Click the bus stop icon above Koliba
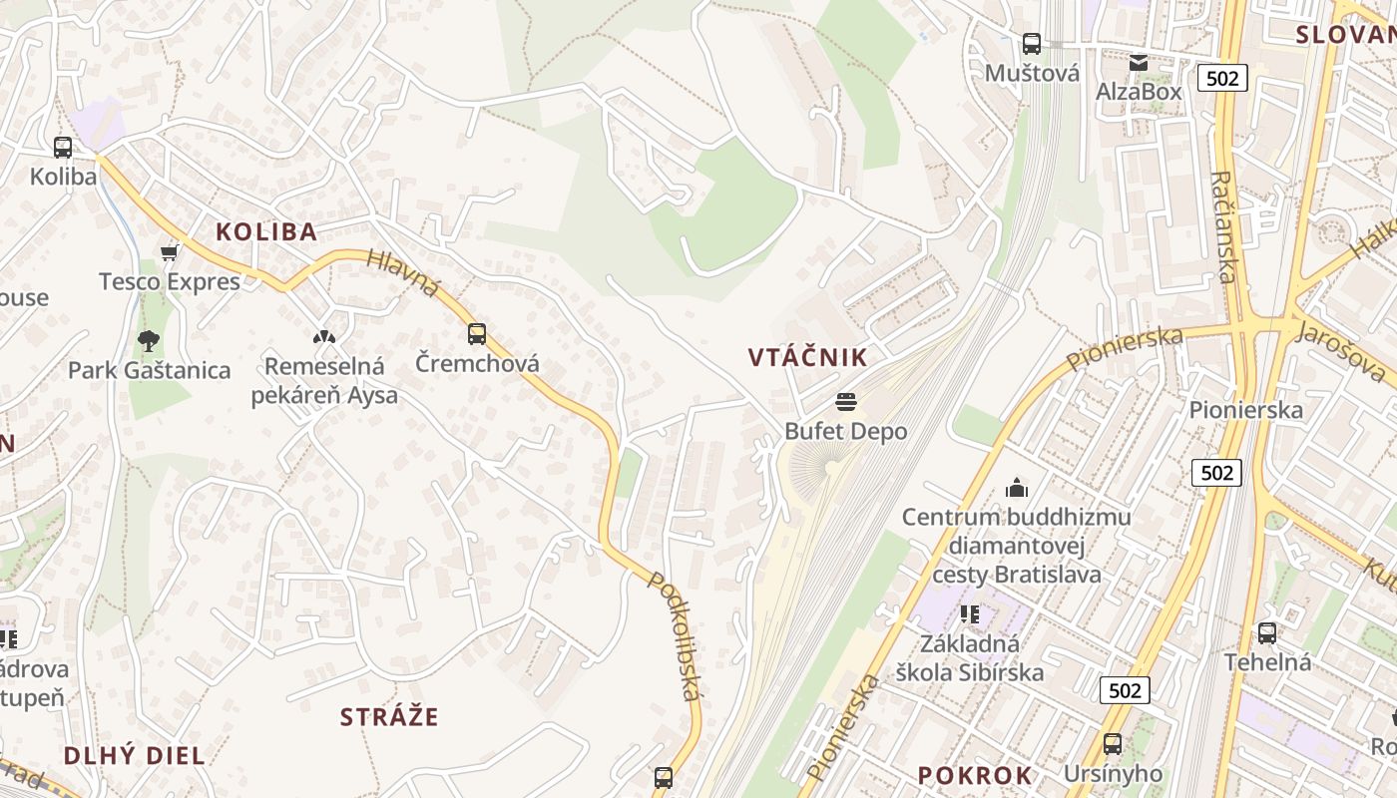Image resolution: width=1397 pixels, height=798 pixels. click(x=63, y=148)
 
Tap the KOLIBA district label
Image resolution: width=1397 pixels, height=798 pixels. click(x=266, y=232)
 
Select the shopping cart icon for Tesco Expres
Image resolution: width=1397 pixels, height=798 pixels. click(x=170, y=253)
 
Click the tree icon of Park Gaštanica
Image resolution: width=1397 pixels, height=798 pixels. click(x=149, y=341)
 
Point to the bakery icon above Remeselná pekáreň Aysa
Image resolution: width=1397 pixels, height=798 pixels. click(x=323, y=337)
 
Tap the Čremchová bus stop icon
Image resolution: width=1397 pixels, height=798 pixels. click(x=477, y=334)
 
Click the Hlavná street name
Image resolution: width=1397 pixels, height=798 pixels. click(x=403, y=272)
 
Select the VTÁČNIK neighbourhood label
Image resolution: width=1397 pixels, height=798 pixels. click(x=808, y=357)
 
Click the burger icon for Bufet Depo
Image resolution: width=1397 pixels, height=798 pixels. click(x=846, y=402)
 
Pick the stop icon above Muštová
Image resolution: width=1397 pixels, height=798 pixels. click(x=1032, y=44)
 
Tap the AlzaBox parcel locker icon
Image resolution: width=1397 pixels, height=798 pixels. click(x=1139, y=63)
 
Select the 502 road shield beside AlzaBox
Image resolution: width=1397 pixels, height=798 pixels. click(x=1222, y=78)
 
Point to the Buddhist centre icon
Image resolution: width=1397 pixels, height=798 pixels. click(x=1017, y=488)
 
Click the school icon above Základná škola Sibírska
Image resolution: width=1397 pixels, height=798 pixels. click(x=969, y=614)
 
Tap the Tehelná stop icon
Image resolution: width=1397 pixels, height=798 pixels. click(x=1266, y=632)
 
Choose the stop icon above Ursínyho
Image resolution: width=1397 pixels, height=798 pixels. click(x=1113, y=744)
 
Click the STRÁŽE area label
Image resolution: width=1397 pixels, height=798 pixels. click(x=389, y=717)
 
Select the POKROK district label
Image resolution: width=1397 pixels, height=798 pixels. click(x=975, y=776)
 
